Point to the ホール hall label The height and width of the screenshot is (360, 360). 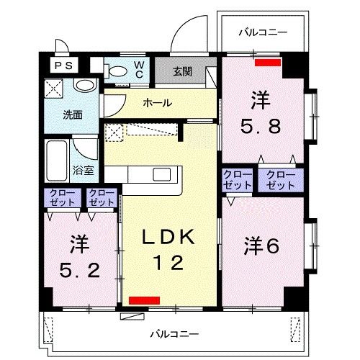pos(156,103)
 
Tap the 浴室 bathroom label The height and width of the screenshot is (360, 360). pos(83,171)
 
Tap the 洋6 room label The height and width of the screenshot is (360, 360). pos(262,245)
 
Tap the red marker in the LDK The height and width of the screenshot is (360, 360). pos(144,299)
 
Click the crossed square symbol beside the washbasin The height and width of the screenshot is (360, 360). pos(55,89)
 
